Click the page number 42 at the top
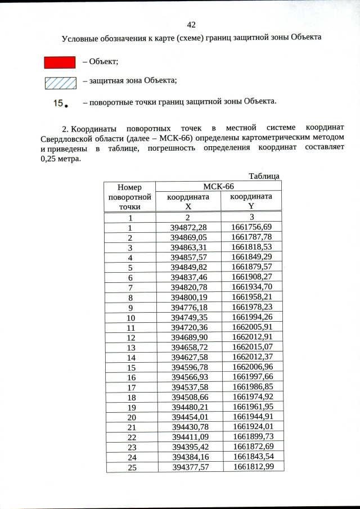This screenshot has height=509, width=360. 191,25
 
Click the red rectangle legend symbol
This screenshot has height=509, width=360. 60,62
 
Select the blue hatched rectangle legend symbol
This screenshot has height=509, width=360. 60,83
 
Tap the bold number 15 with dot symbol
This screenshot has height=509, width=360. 61,103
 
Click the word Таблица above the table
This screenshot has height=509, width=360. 264,176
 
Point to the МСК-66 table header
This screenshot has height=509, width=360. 218,186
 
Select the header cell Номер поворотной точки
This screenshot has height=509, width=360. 130,197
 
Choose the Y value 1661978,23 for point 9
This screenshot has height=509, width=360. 251,307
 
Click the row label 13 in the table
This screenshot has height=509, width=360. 130,347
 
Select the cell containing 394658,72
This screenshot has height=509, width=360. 188,347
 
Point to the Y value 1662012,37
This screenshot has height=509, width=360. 252,357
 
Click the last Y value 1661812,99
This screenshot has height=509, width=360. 253,467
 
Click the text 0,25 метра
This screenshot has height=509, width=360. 61,159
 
